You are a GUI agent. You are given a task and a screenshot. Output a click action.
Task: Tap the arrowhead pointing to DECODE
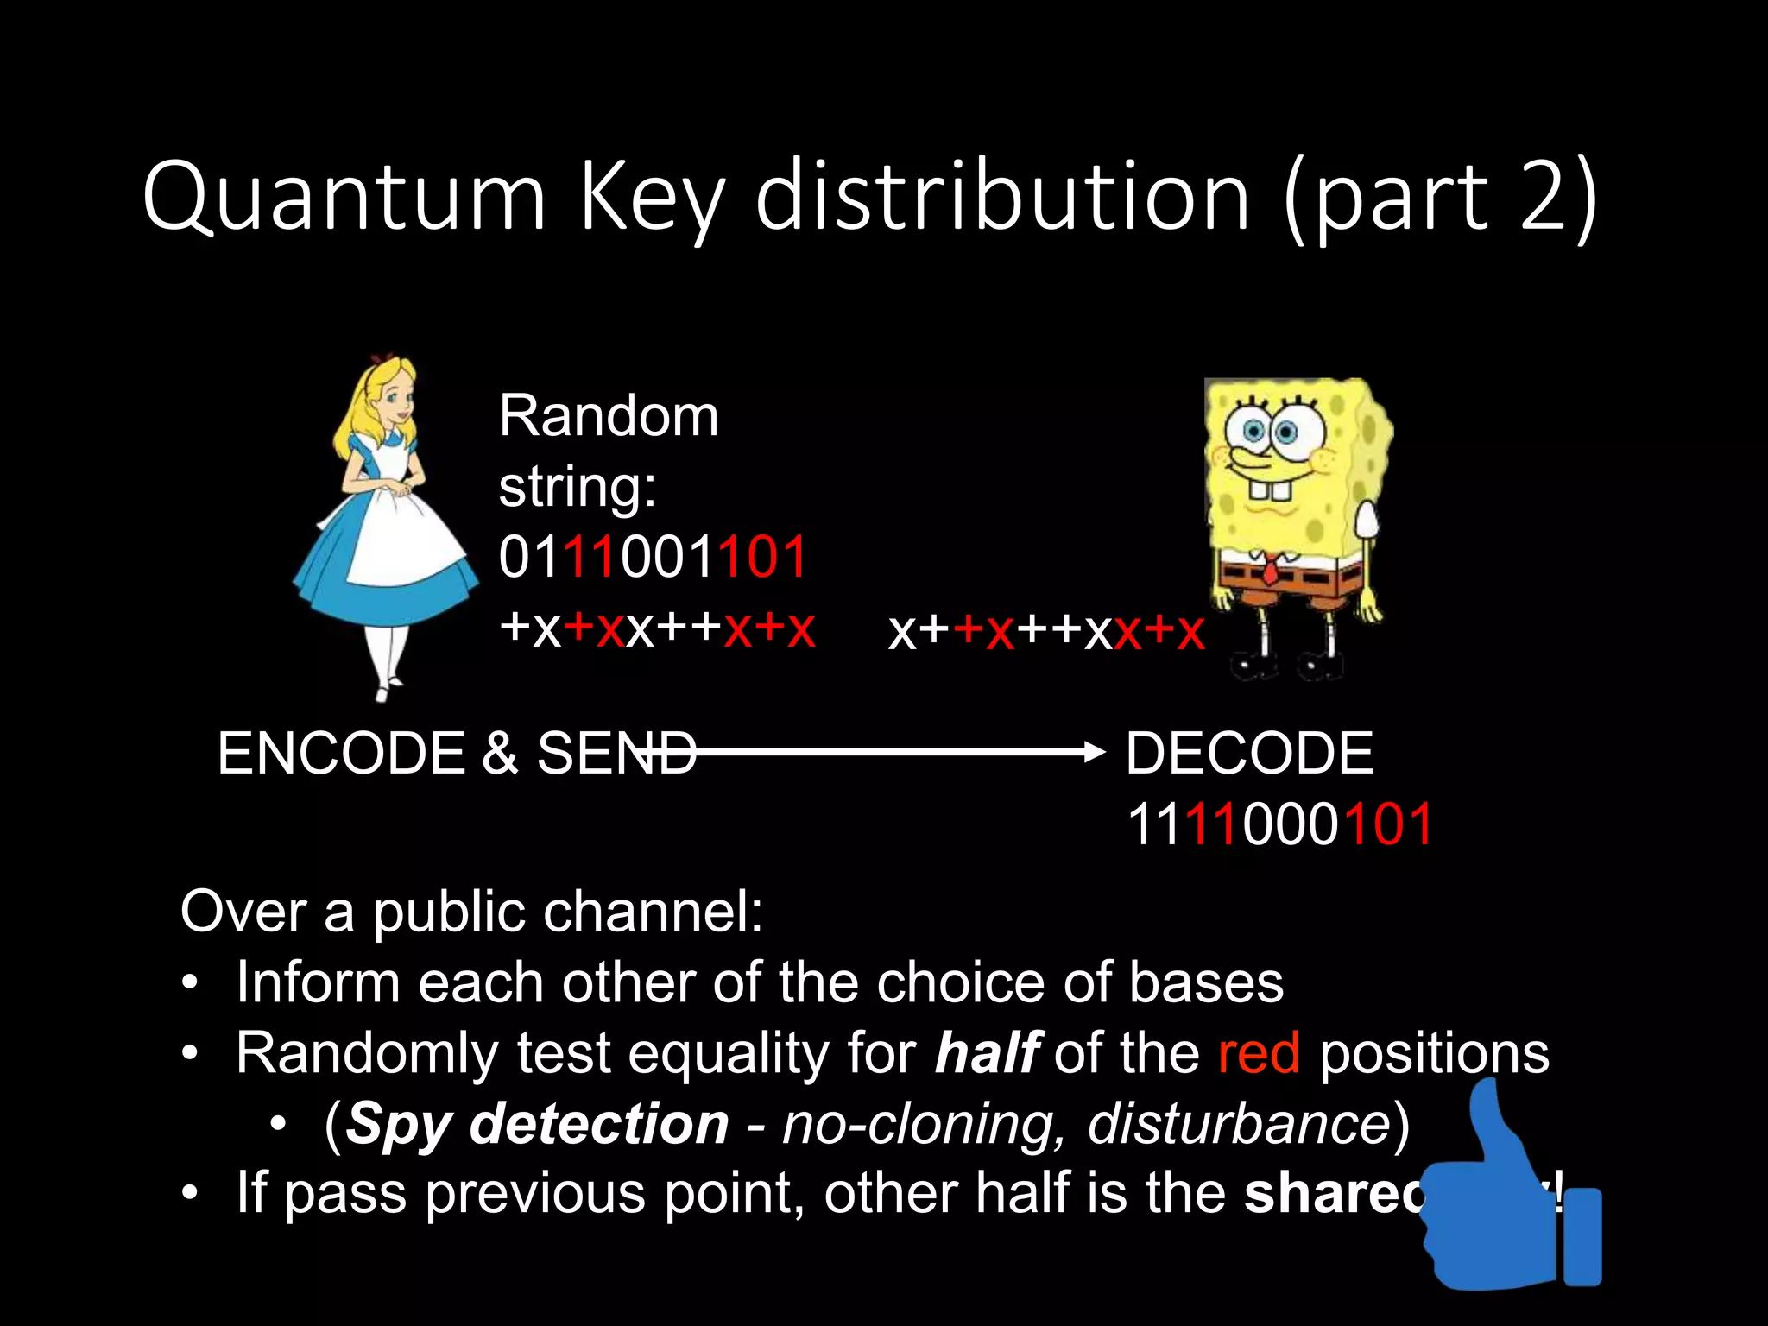[1095, 752]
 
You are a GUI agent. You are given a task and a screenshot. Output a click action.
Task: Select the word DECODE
[1249, 753]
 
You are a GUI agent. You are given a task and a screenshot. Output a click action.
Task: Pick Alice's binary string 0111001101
[653, 557]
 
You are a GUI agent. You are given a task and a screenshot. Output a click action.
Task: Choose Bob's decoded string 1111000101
[1279, 824]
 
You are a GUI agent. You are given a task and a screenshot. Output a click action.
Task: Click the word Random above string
[609, 416]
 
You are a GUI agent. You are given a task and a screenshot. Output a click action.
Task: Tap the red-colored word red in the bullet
[1258, 1053]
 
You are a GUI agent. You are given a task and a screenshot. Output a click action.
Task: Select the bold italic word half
[988, 1053]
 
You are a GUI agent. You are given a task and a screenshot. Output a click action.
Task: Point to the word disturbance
[1238, 1124]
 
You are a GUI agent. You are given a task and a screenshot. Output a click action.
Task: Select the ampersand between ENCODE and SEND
[500, 753]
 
